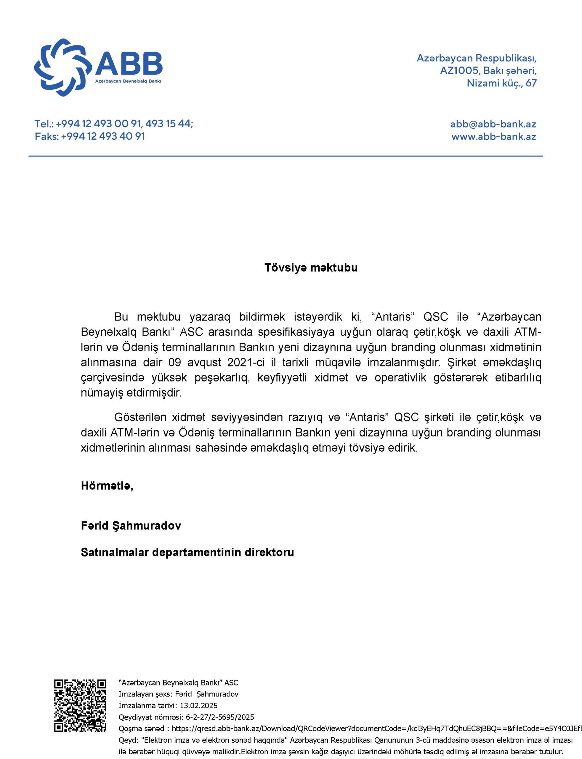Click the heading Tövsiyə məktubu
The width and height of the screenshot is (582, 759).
311,268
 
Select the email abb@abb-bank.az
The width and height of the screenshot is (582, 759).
493,124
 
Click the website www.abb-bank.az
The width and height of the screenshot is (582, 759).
493,137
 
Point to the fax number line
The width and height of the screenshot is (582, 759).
90,136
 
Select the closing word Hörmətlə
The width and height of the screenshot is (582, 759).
107,486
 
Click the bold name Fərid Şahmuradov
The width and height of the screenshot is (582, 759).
131,526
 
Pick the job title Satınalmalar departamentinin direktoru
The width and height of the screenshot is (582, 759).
187,552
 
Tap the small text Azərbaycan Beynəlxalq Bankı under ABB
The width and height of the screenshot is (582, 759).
128,81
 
